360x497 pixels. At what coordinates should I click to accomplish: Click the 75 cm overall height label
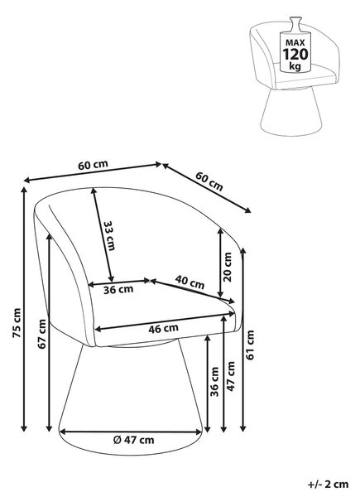click(x=17, y=323)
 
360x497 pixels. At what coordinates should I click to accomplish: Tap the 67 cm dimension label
click(x=42, y=334)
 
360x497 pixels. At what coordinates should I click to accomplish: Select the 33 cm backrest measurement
click(x=109, y=235)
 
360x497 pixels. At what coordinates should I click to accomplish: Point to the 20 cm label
click(x=227, y=267)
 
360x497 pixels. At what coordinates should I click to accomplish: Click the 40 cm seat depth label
click(x=190, y=282)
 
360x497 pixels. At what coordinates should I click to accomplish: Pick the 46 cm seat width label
click(x=163, y=328)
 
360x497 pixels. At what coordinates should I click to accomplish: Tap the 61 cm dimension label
click(x=250, y=345)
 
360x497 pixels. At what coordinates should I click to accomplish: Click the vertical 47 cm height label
click(x=231, y=376)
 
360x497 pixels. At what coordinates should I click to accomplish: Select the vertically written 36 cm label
click(x=214, y=382)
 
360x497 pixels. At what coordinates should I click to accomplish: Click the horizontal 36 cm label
click(x=118, y=289)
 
